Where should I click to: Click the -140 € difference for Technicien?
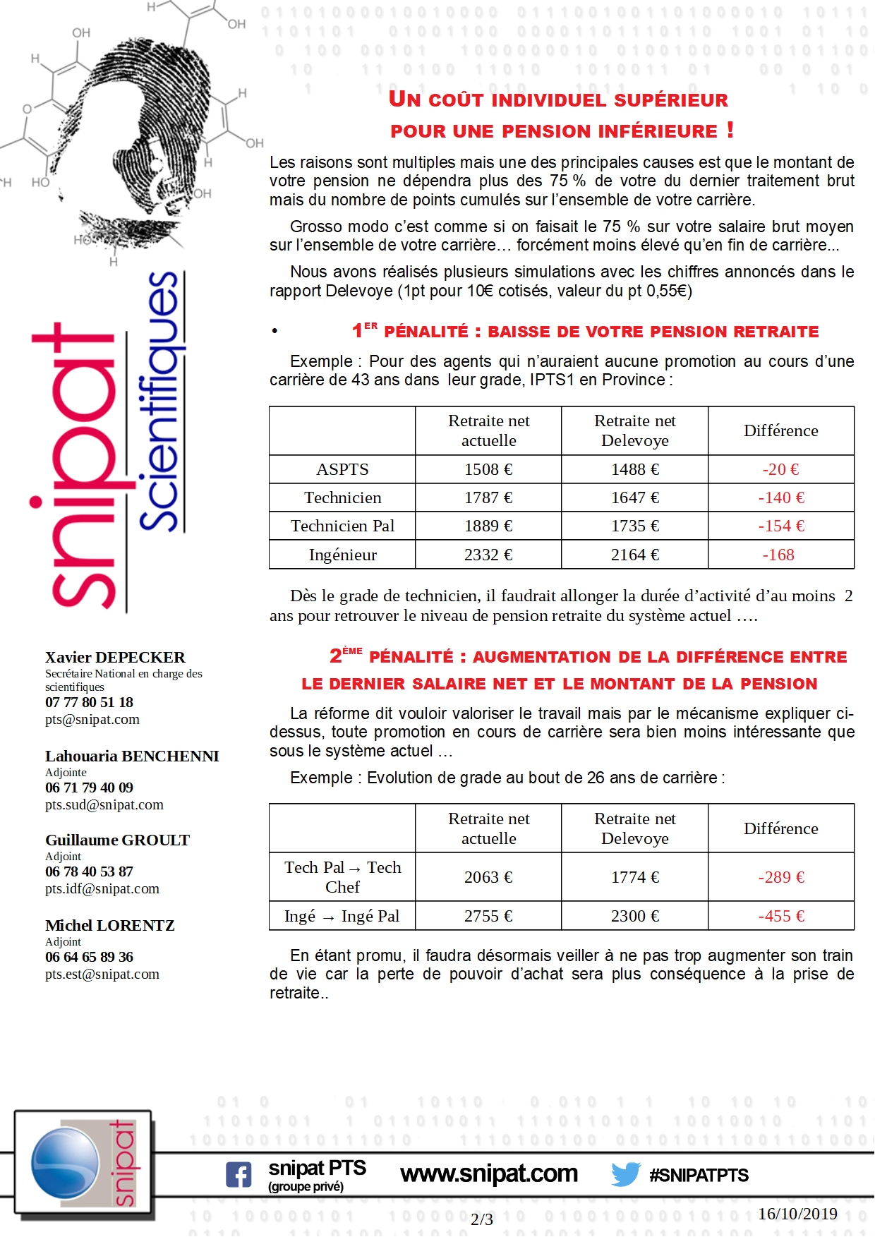(781, 497)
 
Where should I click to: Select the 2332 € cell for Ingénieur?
(488, 555)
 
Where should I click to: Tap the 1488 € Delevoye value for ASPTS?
(635, 469)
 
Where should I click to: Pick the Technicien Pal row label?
(342, 526)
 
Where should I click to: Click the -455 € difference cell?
(781, 916)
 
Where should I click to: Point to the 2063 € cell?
(488, 877)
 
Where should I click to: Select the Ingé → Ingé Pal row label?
(342, 916)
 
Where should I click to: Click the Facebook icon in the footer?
(239, 1175)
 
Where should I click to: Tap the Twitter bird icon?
(625, 1174)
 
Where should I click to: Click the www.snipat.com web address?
(489, 1173)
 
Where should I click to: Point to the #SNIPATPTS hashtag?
(699, 1175)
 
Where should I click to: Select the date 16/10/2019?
(797, 1214)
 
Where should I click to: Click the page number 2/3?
(482, 1219)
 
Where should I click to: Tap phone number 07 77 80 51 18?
(89, 702)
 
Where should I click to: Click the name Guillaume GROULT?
(117, 840)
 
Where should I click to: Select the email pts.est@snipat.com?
(102, 974)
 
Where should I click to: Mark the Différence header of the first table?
(781, 430)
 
